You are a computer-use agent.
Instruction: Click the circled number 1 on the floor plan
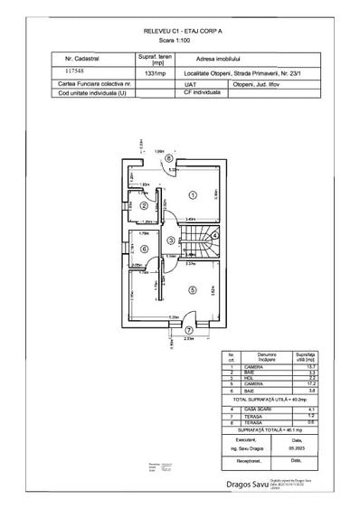tap(192, 194)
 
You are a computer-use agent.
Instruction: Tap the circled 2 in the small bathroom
tap(144, 205)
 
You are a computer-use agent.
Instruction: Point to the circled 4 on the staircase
tap(213, 232)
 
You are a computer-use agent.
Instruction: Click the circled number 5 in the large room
tap(191, 289)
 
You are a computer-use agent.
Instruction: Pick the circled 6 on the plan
tap(144, 249)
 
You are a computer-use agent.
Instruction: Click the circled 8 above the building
tap(167, 157)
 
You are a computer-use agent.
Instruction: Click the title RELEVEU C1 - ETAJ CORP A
tap(180, 31)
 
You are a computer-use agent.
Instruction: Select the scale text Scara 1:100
tap(180, 41)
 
